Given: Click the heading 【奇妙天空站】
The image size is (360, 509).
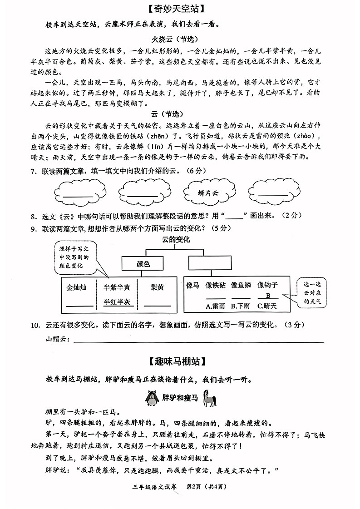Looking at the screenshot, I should pos(179,9).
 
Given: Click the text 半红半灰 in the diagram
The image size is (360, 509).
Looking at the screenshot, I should pos(117,301).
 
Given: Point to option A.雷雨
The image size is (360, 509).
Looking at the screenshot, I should pos(215,306).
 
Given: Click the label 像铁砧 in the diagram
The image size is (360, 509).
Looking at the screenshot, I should pos(215,285).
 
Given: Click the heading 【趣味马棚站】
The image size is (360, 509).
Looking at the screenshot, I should pos(179,361).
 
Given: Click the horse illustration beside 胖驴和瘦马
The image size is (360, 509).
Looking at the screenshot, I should pos(209,398).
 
